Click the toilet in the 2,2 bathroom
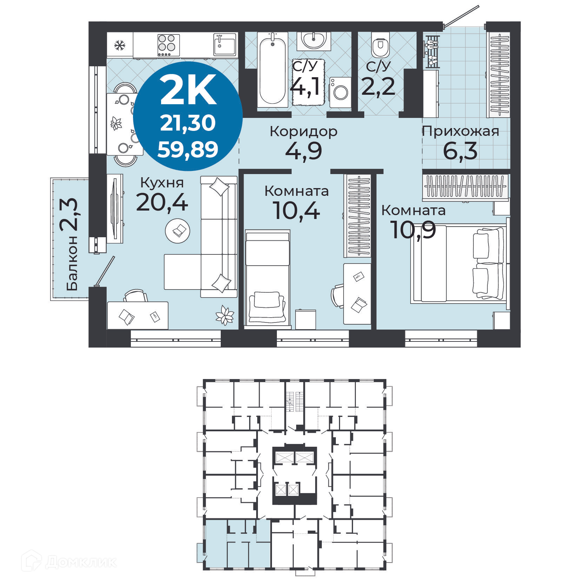pyautogui.click(x=380, y=45)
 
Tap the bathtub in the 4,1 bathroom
pyautogui.click(x=272, y=70)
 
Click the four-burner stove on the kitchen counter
pyautogui.click(x=168, y=45)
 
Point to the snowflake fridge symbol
pyautogui.click(x=120, y=45)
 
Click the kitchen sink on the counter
pyautogui.click(x=225, y=45)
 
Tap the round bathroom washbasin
pyautogui.click(x=313, y=40)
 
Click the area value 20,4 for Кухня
pyautogui.click(x=162, y=202)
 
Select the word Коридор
pyautogui.click(x=304, y=132)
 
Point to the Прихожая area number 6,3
pyautogui.click(x=460, y=151)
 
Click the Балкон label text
pyautogui.click(x=72, y=263)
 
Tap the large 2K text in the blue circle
pyautogui.click(x=188, y=91)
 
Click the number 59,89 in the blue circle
pyautogui.click(x=188, y=149)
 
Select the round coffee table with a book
pyautogui.click(x=178, y=231)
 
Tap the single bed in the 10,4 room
pyautogui.click(x=267, y=277)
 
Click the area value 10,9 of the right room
pyautogui.click(x=413, y=230)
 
